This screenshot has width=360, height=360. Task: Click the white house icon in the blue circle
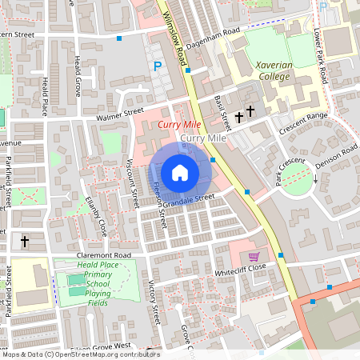[180, 171]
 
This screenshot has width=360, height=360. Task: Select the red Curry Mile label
[179, 126]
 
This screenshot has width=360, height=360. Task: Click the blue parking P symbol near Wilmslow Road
[158, 66]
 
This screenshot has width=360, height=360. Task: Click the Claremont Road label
[103, 254]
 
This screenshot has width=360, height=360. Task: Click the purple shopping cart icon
[254, 257]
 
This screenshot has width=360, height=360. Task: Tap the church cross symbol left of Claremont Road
[24, 240]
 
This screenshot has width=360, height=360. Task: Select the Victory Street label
[154, 302]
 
